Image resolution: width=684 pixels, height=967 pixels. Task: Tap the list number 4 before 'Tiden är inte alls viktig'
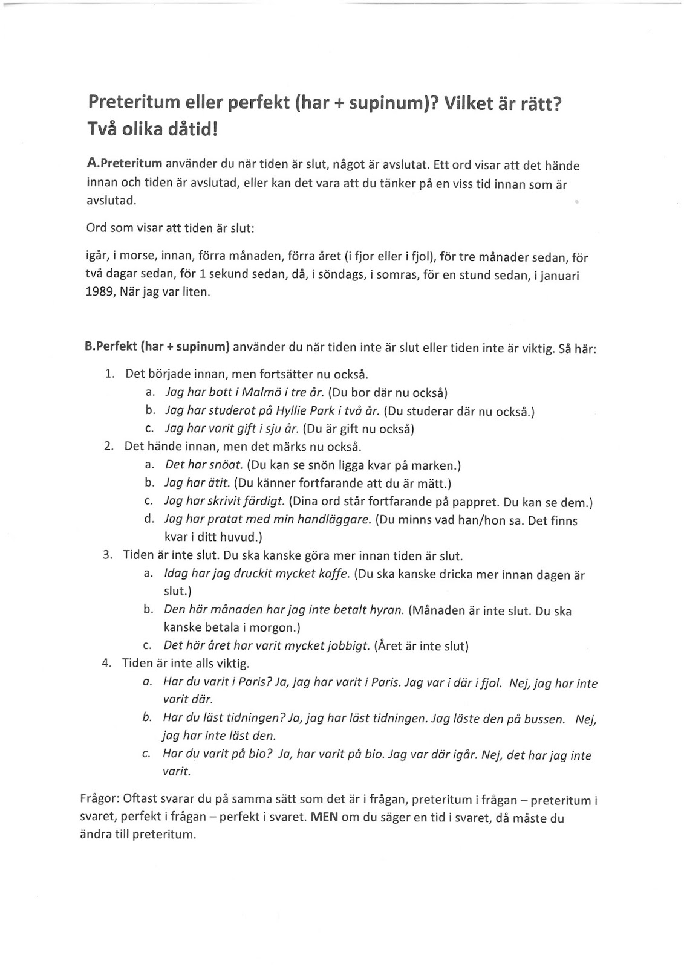[107, 663]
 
